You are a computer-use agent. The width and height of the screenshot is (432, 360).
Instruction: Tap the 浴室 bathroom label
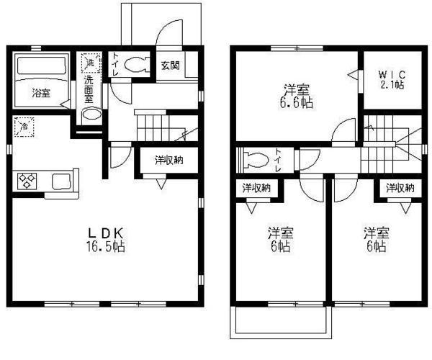(41, 93)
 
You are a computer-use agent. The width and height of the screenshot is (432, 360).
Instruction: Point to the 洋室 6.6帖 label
(297, 96)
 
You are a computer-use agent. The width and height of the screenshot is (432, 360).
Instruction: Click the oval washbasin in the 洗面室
(91, 115)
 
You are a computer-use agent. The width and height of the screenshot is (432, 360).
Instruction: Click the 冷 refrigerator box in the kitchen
(23, 127)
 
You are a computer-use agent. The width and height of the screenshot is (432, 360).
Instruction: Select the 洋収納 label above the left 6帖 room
(256, 188)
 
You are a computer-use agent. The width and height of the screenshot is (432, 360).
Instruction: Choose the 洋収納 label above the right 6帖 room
(400, 188)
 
